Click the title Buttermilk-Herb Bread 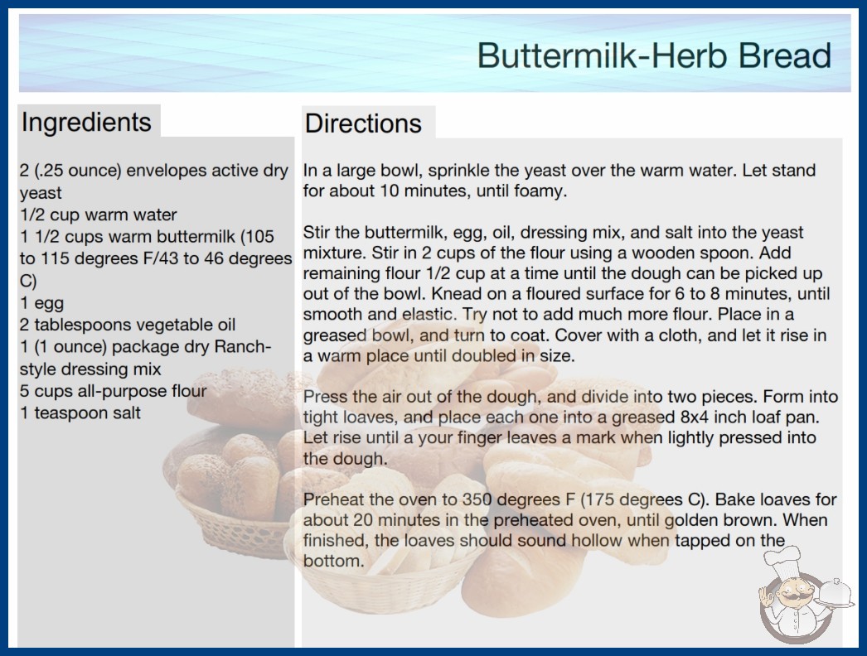click(x=654, y=55)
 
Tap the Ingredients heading click(x=86, y=122)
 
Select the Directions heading click(x=363, y=123)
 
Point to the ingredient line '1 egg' click(x=42, y=303)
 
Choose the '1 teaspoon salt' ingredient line click(x=80, y=412)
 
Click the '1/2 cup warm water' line click(x=99, y=215)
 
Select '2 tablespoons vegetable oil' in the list click(x=128, y=325)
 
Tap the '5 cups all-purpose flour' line click(x=114, y=391)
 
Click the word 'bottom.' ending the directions click(x=334, y=561)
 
